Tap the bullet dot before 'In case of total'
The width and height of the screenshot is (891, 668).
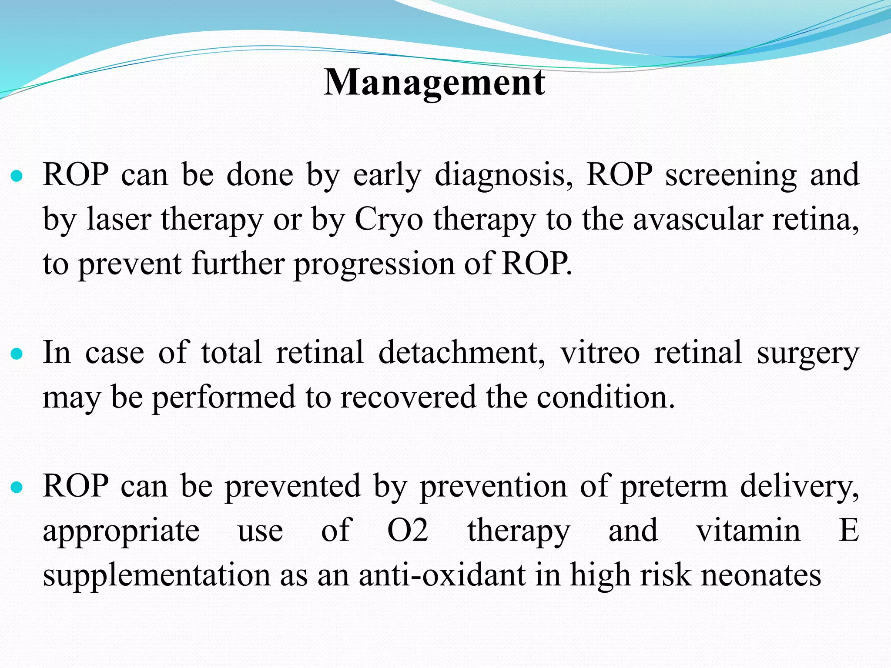(17, 354)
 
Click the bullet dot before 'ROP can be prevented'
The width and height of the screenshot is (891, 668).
(17, 488)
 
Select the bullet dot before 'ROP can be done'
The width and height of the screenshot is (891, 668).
(17, 177)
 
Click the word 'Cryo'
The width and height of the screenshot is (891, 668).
(389, 220)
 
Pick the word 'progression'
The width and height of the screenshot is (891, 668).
(374, 264)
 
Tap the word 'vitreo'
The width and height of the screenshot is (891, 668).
(600, 352)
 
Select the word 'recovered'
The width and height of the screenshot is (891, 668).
(408, 397)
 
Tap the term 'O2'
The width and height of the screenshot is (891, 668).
(408, 530)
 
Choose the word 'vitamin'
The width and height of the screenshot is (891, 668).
(748, 530)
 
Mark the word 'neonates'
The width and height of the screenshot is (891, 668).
(761, 575)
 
